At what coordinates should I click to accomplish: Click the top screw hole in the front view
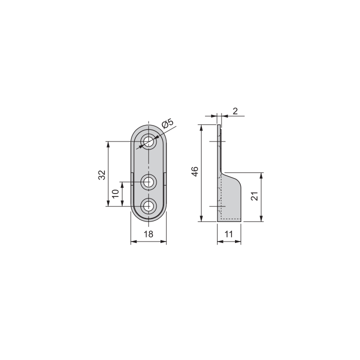[148, 141]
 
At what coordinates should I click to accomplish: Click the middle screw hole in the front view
[148, 181]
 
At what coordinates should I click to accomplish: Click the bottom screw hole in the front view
[148, 205]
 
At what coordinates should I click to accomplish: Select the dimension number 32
[101, 174]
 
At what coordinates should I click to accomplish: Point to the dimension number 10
[115, 193]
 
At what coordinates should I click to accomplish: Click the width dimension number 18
[148, 234]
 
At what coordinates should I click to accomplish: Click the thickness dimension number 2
[235, 111]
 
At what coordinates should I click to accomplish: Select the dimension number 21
[254, 196]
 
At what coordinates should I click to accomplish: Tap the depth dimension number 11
[229, 234]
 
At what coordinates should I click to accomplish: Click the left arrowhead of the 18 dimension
[133, 242]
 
